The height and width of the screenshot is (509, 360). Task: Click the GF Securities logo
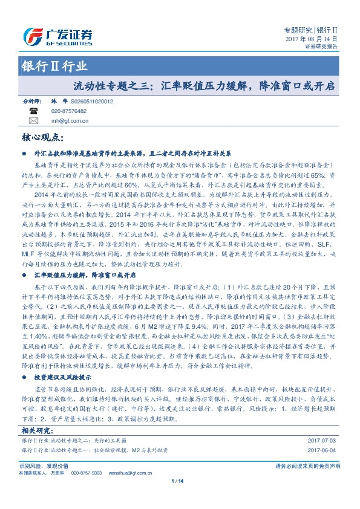(x=58, y=34)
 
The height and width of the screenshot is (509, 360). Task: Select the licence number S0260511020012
(x=91, y=103)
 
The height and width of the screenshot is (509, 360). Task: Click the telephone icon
(x=32, y=111)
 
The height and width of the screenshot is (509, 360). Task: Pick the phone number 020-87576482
(x=68, y=112)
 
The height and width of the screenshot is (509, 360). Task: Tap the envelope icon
(x=32, y=120)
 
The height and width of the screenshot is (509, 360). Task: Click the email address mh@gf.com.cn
(x=70, y=121)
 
